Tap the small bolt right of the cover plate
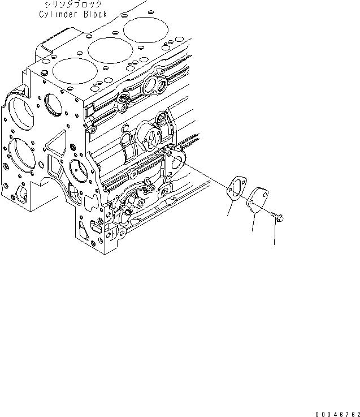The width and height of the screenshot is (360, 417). pyautogui.click(x=277, y=216)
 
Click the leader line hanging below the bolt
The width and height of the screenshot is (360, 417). pyautogui.click(x=275, y=235)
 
